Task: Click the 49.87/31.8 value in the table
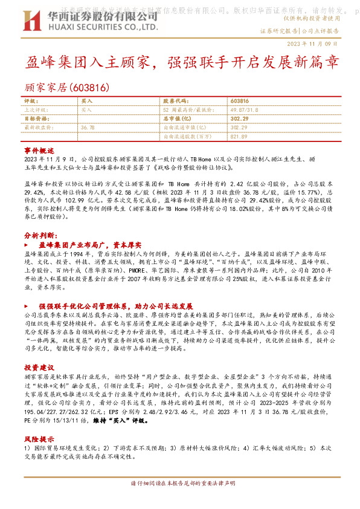[x=244, y=111]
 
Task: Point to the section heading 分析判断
[x=40, y=235]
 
